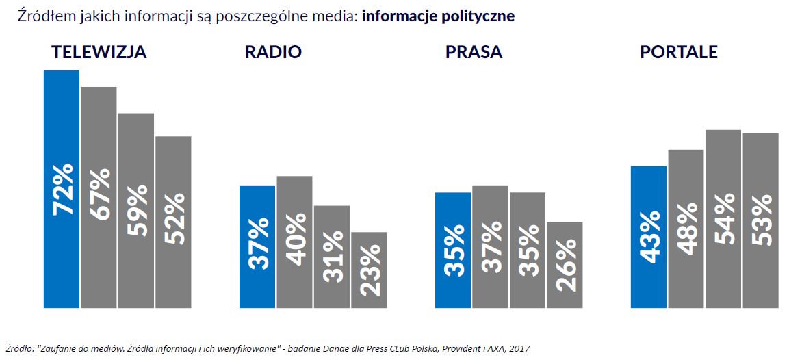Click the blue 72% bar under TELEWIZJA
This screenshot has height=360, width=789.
(x=62, y=188)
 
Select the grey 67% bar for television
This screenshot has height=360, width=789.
(x=99, y=196)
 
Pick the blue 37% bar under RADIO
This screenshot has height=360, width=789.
(x=257, y=246)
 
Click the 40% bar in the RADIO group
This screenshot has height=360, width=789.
(x=294, y=241)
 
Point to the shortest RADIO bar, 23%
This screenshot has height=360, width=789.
(x=369, y=270)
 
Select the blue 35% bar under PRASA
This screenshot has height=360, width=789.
(x=453, y=250)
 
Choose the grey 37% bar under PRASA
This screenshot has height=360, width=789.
(x=490, y=246)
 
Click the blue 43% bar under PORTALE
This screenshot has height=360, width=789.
(x=649, y=236)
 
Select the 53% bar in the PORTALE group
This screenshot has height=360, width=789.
(x=760, y=220)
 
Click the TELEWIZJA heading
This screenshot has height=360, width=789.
(x=99, y=53)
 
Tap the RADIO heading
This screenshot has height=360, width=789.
(x=273, y=53)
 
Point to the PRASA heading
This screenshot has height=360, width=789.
(x=474, y=53)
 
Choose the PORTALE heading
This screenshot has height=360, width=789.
(x=679, y=53)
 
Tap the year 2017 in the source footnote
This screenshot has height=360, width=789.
(x=519, y=348)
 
